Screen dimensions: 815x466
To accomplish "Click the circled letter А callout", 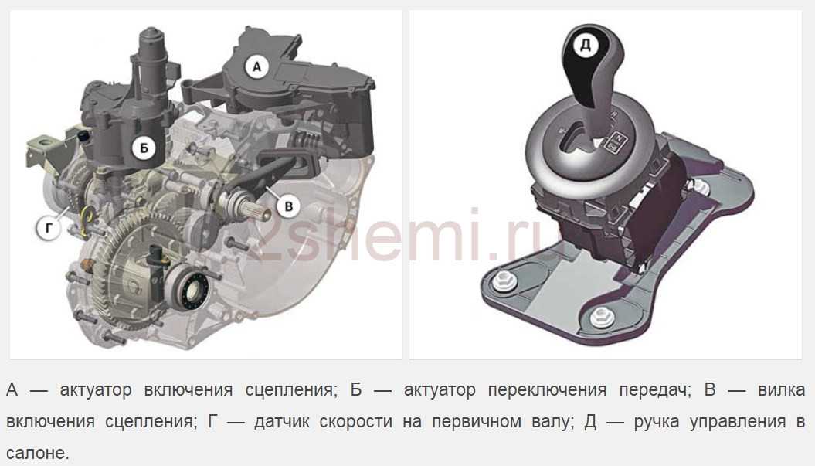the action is [x=256, y=66].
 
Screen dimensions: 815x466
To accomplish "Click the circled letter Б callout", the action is [x=144, y=148].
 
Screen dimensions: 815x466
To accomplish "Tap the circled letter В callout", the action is [x=288, y=206].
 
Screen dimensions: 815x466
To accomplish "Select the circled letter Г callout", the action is [x=49, y=228].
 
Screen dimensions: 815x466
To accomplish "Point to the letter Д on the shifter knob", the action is [x=586, y=46].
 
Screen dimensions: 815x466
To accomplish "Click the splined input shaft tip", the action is [x=258, y=212].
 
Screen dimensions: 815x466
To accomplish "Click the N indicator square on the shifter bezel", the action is [x=618, y=138].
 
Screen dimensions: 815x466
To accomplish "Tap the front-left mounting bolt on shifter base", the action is [x=502, y=281].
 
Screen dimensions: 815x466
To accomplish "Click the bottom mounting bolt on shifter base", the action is [x=601, y=316].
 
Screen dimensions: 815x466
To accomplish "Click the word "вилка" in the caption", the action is [x=782, y=389].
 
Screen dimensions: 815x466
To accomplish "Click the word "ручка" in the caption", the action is [x=657, y=422].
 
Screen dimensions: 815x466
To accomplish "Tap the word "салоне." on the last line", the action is [x=37, y=453].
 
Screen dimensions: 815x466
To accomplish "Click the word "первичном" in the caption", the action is [x=477, y=422].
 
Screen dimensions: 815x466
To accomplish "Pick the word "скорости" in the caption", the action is [x=356, y=422].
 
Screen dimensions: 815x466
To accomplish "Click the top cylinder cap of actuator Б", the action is [x=151, y=37].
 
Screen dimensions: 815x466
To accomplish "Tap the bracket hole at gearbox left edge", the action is [x=43, y=141].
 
